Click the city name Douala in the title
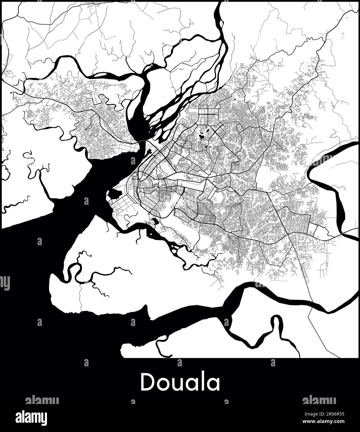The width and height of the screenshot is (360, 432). click(180, 382)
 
